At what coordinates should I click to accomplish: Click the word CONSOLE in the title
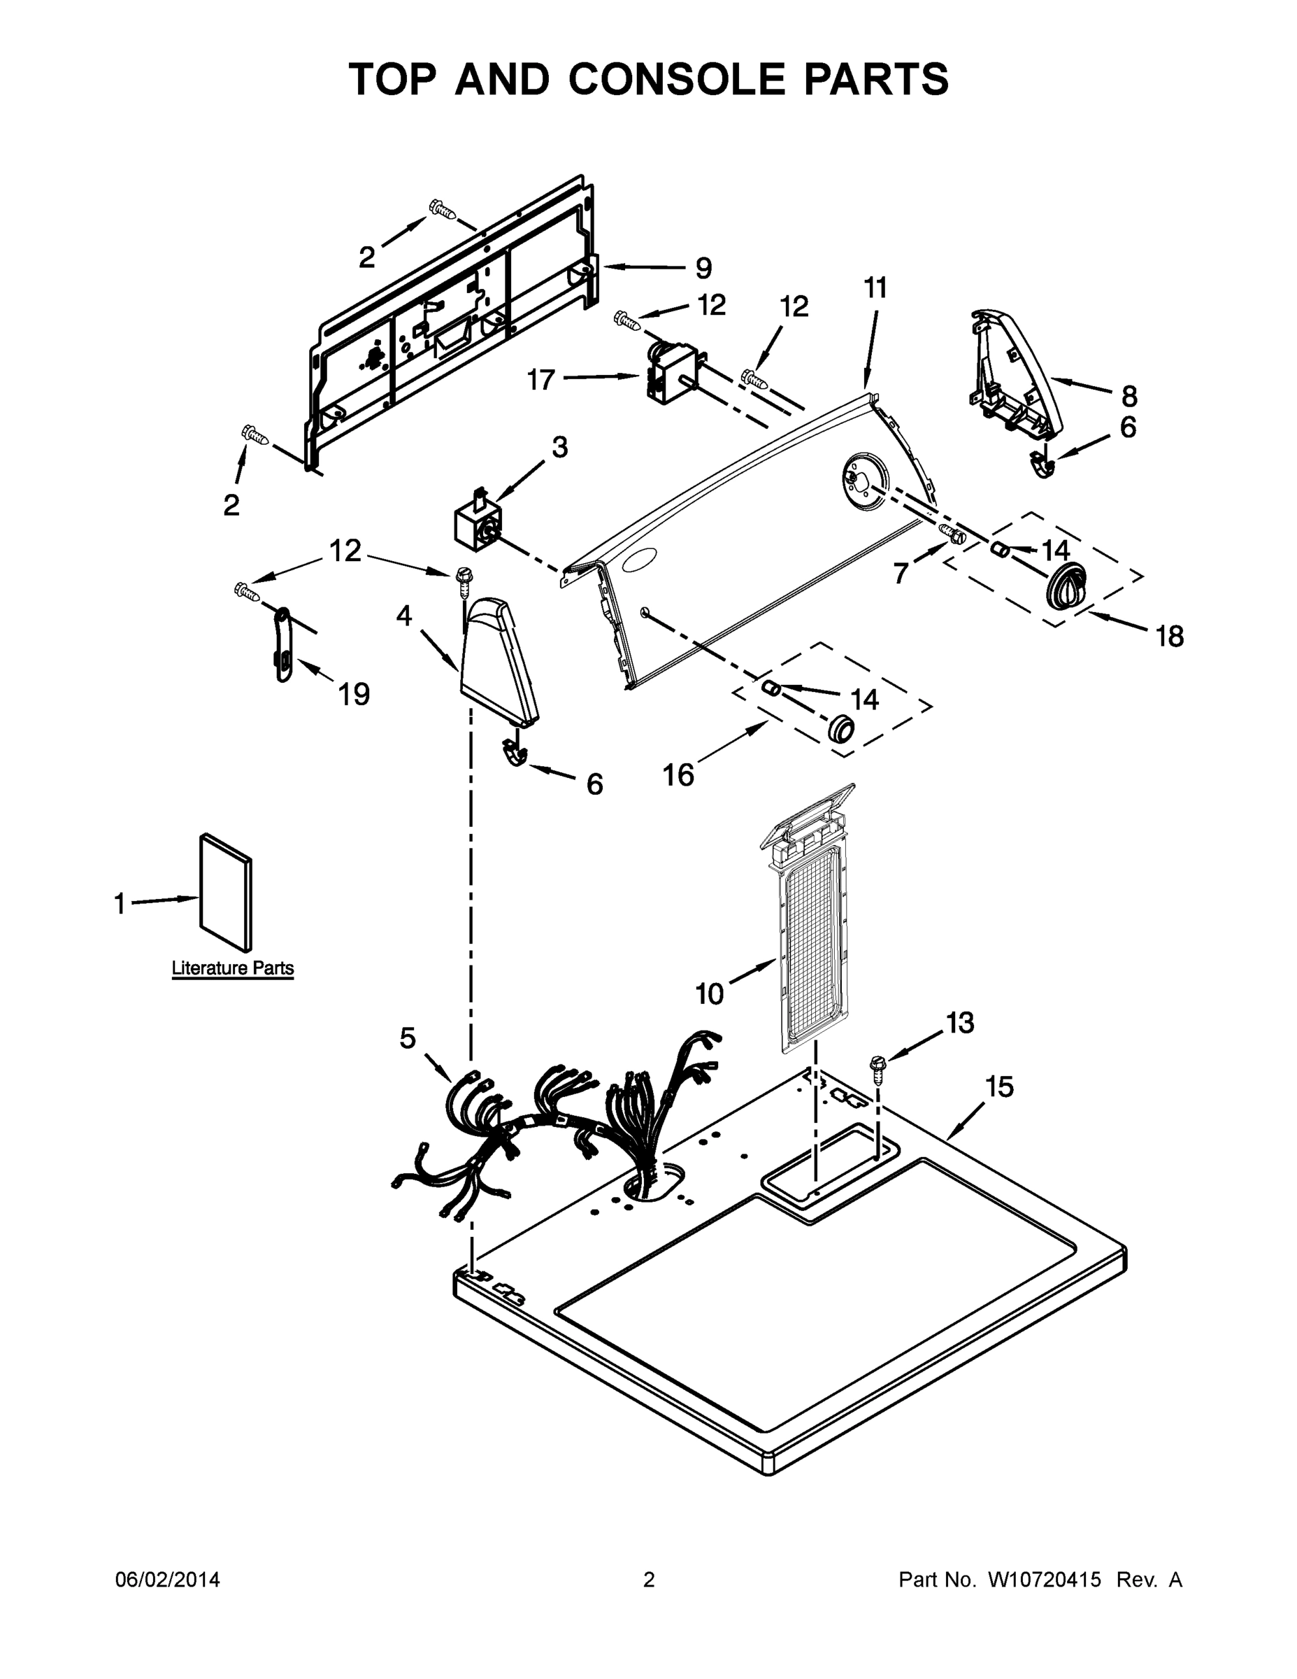677,79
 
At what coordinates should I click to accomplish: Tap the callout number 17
541,379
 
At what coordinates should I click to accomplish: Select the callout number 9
703,269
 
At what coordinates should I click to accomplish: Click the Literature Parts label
232,968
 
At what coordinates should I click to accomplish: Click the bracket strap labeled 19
282,644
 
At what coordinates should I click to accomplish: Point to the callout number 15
1000,1087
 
